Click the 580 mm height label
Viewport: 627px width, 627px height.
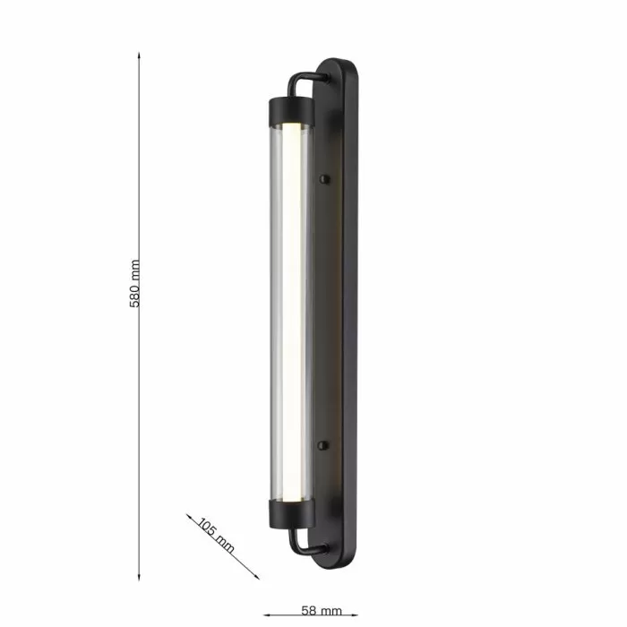point(134,284)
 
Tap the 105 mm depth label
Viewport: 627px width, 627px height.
point(217,536)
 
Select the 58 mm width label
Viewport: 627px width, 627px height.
point(322,611)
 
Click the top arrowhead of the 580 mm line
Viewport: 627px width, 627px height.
point(139,56)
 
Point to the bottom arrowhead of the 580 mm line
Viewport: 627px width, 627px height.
point(139,577)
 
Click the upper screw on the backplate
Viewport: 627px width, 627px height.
point(324,179)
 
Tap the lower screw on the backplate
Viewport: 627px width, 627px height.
point(323,445)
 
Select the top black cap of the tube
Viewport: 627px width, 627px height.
point(291,109)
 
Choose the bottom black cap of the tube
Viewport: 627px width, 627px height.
point(291,514)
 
